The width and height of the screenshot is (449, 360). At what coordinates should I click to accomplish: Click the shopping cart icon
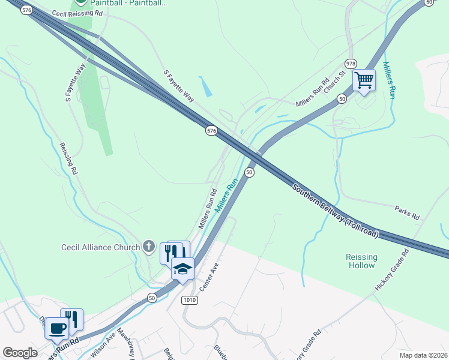[364, 80]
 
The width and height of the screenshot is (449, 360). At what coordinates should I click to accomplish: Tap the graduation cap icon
[182, 269]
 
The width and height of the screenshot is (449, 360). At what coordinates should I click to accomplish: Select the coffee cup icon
[58, 328]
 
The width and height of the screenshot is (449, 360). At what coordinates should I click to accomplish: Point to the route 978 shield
[351, 64]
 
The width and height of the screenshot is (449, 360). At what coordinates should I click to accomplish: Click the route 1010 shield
[190, 299]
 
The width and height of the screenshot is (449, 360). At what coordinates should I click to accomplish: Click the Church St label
[340, 79]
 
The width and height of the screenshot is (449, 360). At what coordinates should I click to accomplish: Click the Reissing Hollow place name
[361, 261]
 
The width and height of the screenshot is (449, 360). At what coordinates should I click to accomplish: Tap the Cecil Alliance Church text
[101, 247]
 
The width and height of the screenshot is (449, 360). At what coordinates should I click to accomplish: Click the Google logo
[20, 353]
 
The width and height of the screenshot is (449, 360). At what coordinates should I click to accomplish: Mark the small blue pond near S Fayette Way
[206, 86]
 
